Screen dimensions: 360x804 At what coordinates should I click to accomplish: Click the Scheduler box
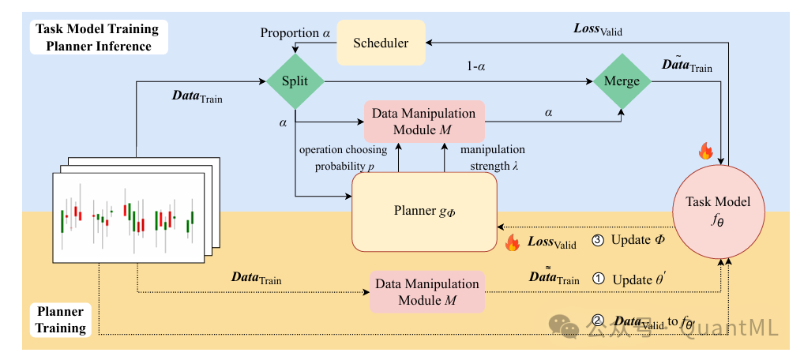381,43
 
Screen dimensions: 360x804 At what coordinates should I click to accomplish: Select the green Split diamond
295,81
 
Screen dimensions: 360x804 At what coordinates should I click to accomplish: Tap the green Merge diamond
622,81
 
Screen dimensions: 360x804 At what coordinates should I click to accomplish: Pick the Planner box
425,211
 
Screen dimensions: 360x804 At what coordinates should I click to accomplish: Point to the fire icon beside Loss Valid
512,242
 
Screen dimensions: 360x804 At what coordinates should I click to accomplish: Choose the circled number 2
597,321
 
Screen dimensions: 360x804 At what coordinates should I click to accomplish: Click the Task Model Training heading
97,29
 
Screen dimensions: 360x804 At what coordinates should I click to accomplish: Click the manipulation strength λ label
493,157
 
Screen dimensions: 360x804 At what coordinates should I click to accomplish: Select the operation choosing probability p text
343,157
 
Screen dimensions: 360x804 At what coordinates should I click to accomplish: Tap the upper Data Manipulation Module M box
424,121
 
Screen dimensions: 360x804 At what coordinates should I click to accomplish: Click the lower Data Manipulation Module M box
426,291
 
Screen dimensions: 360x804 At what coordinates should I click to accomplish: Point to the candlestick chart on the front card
126,217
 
